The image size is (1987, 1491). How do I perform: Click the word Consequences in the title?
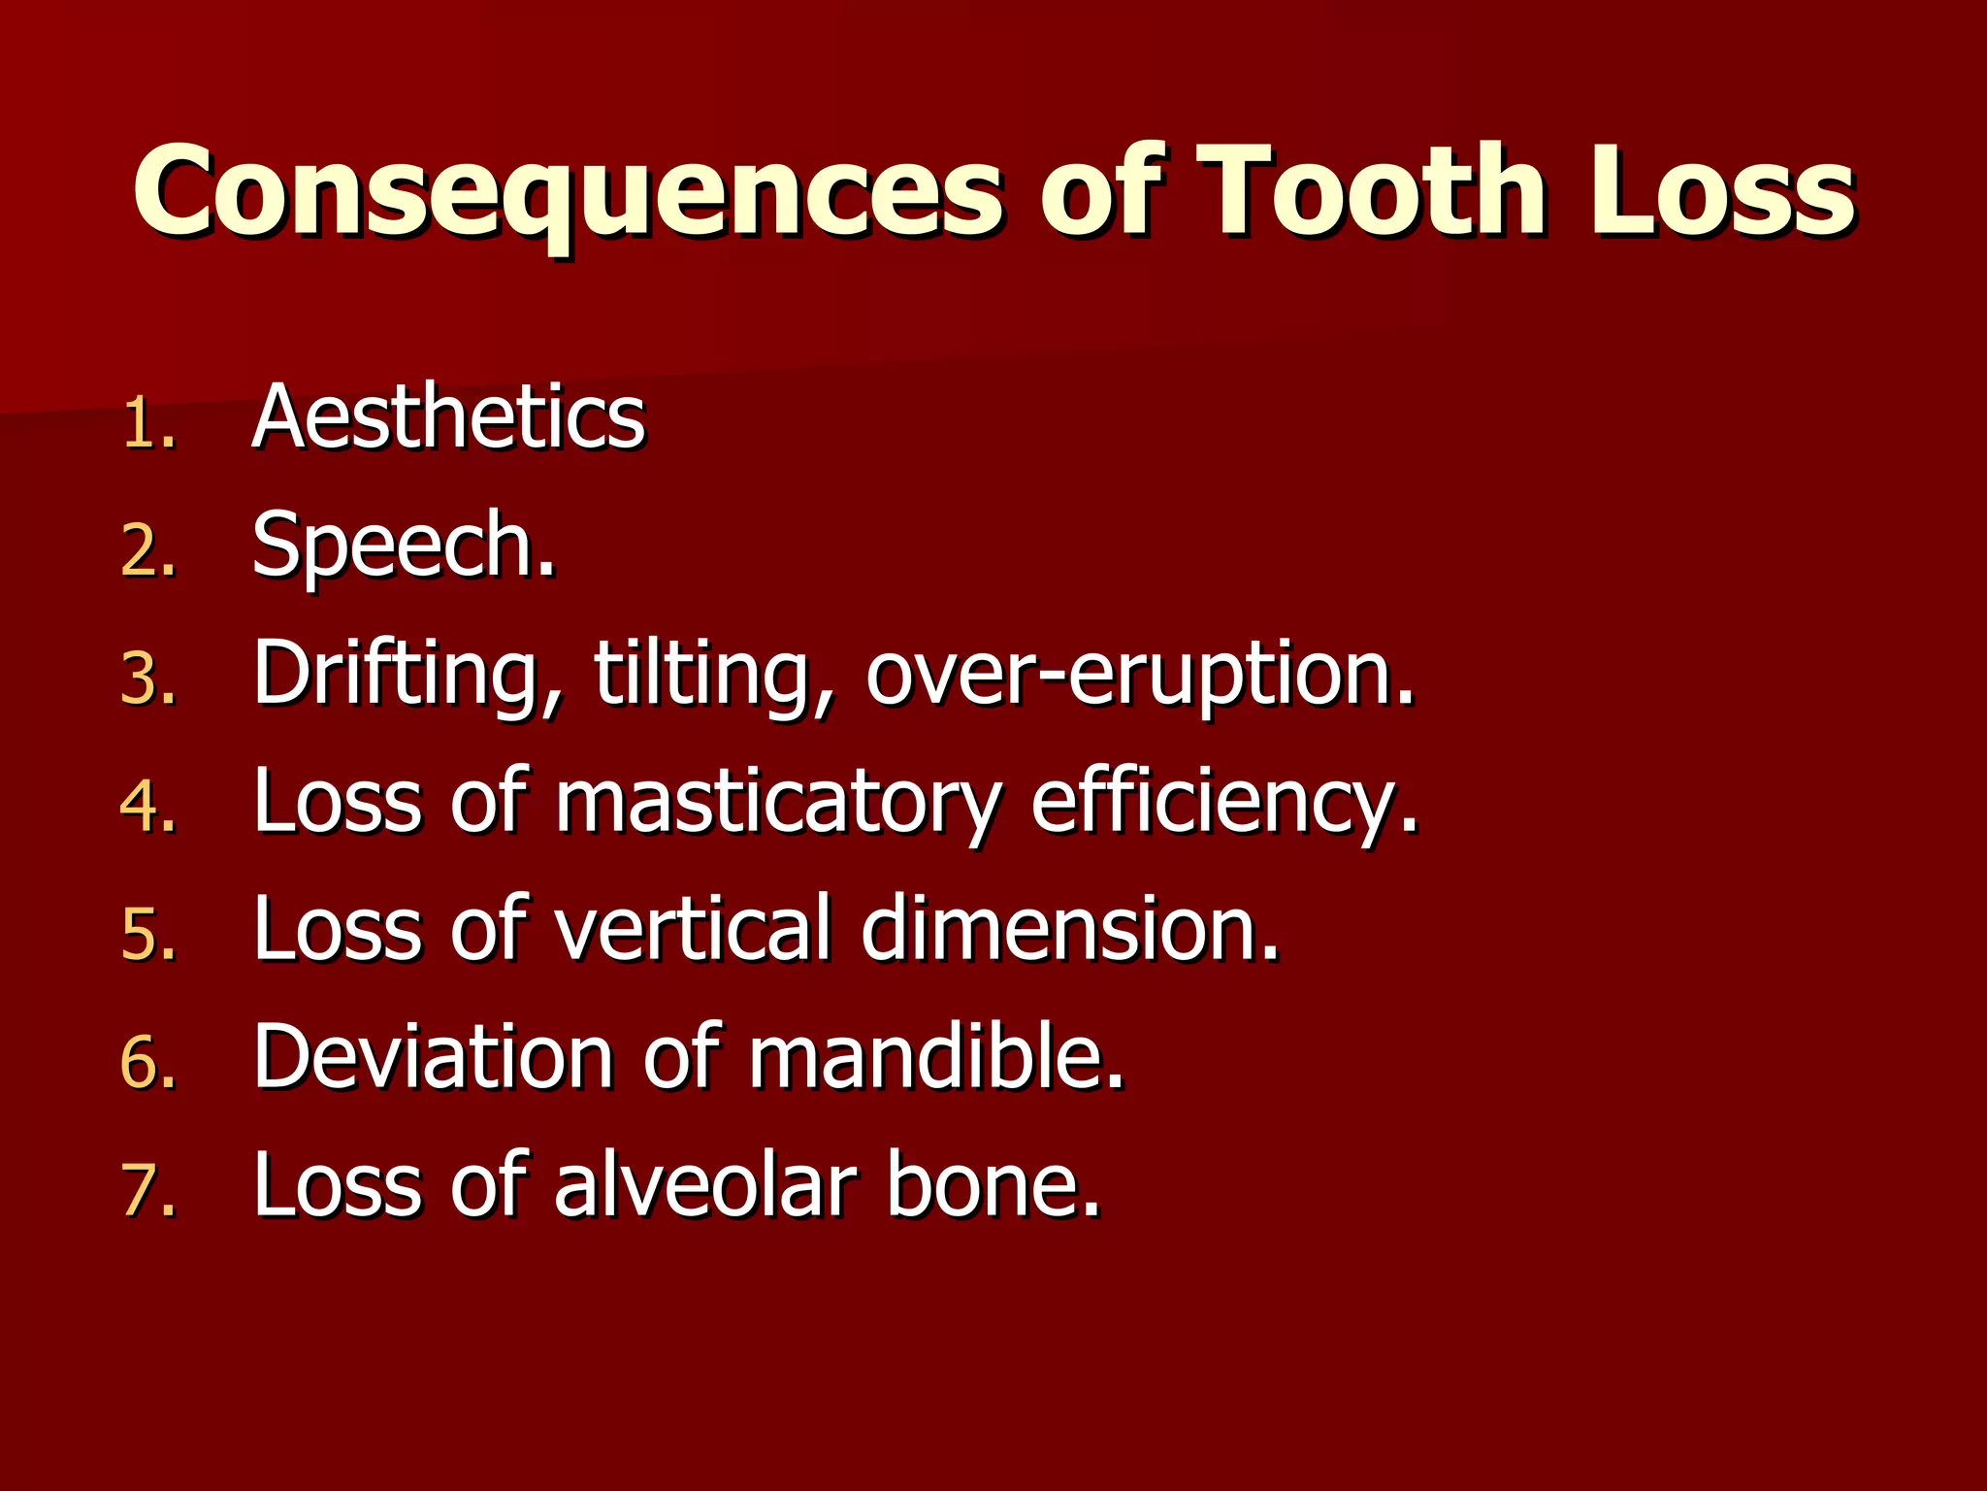tap(568, 191)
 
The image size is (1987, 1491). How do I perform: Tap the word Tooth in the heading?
tap(1374, 191)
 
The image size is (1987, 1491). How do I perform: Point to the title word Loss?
tap(1722, 191)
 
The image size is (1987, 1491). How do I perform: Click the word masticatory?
tap(776, 803)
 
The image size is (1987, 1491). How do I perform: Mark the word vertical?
tap(693, 929)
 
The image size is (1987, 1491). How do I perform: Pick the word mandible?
tap(933, 1057)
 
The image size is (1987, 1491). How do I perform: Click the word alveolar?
tap(706, 1185)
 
